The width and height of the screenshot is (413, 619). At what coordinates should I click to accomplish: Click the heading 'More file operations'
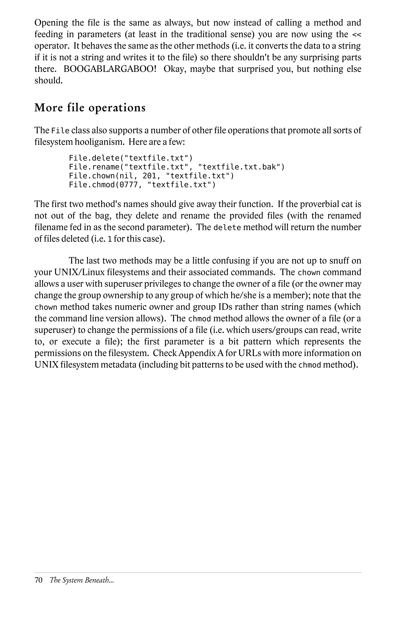point(90,108)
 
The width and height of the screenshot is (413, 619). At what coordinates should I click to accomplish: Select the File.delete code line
point(131,158)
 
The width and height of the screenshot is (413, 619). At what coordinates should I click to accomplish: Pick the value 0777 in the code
point(128,185)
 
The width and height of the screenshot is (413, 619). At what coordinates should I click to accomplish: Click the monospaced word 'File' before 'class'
point(60,131)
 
